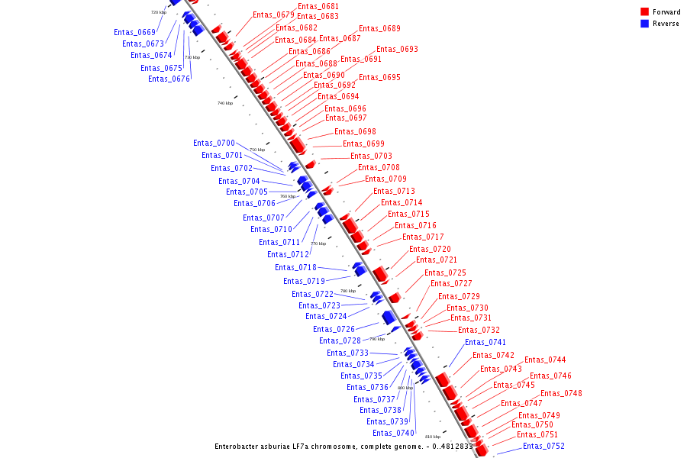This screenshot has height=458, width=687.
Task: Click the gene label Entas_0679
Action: tap(273, 15)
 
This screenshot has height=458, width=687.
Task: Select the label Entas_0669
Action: tap(134, 32)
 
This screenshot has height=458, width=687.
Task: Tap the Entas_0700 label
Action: tap(214, 143)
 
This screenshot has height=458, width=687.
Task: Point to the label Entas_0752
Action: tap(543, 446)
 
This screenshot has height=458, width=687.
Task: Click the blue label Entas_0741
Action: tap(485, 342)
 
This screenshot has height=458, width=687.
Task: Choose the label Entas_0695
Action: tap(379, 77)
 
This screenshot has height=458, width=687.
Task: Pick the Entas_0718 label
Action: tap(295, 267)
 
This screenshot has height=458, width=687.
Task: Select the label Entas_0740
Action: tap(393, 433)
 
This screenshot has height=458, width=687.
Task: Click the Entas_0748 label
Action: tap(561, 393)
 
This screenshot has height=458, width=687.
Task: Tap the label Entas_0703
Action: tap(371, 156)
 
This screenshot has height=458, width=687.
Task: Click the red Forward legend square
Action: tap(644, 12)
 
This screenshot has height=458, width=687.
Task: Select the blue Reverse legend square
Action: tap(644, 24)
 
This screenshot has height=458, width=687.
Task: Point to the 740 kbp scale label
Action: tap(225, 103)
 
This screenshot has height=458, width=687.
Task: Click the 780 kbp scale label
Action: tap(348, 291)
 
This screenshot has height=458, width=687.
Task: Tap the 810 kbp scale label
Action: tap(433, 437)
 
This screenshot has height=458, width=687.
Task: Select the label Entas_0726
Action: tap(334, 329)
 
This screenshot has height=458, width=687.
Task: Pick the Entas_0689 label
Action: tap(379, 28)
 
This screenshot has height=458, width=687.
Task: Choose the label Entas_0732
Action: tap(479, 330)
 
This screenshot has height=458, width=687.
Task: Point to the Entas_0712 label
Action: tap(288, 254)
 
